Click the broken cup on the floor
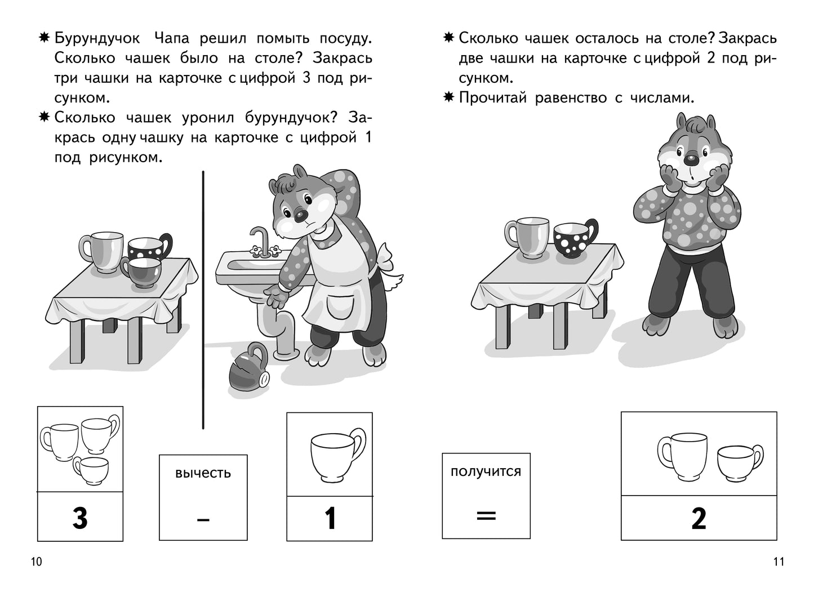pos(247,366)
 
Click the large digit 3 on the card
pos(80,518)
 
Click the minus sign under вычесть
pos(203,519)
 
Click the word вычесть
pos(203,473)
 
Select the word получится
pos(486,471)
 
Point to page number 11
pos(778,562)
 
